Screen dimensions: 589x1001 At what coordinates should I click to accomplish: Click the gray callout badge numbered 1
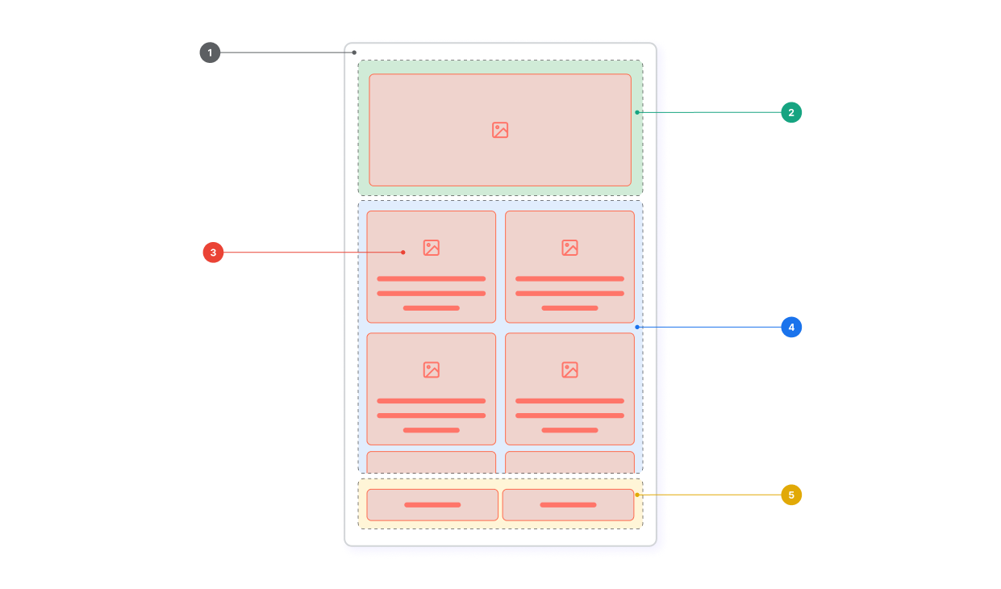pyautogui.click(x=210, y=52)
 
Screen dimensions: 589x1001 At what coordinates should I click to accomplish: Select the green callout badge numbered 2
pyautogui.click(x=791, y=112)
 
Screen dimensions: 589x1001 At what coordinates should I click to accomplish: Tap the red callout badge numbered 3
pyautogui.click(x=213, y=253)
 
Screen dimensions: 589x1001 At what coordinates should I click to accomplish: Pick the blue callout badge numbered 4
pyautogui.click(x=791, y=327)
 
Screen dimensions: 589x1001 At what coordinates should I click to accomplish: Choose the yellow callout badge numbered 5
pyautogui.click(x=791, y=494)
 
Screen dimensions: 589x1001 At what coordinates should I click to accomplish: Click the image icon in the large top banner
pyautogui.click(x=500, y=130)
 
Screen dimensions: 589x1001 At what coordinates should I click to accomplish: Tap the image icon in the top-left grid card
pyautogui.click(x=432, y=248)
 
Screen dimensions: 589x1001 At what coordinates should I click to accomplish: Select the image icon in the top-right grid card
pyautogui.click(x=570, y=248)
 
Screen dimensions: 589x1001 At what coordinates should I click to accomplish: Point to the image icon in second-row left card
pyautogui.click(x=432, y=370)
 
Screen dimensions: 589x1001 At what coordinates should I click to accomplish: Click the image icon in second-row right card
pyautogui.click(x=570, y=370)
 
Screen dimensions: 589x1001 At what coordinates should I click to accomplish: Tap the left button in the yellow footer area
pyautogui.click(x=432, y=504)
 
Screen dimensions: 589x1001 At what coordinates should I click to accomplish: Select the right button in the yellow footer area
pyautogui.click(x=568, y=504)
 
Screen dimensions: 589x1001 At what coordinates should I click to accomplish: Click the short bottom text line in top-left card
pyautogui.click(x=432, y=308)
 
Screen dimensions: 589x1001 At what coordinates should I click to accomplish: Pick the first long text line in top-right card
pyautogui.click(x=569, y=278)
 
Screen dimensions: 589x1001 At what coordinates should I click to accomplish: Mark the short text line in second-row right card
pyautogui.click(x=569, y=430)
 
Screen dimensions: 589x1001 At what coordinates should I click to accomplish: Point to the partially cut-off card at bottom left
pyautogui.click(x=432, y=462)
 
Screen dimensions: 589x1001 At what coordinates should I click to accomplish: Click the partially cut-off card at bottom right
pyautogui.click(x=569, y=462)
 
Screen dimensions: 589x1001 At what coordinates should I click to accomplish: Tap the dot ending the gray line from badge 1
pyautogui.click(x=354, y=52)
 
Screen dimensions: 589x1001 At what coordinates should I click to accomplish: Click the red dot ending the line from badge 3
pyautogui.click(x=403, y=253)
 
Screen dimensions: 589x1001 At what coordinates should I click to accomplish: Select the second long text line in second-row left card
pyautogui.click(x=432, y=416)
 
